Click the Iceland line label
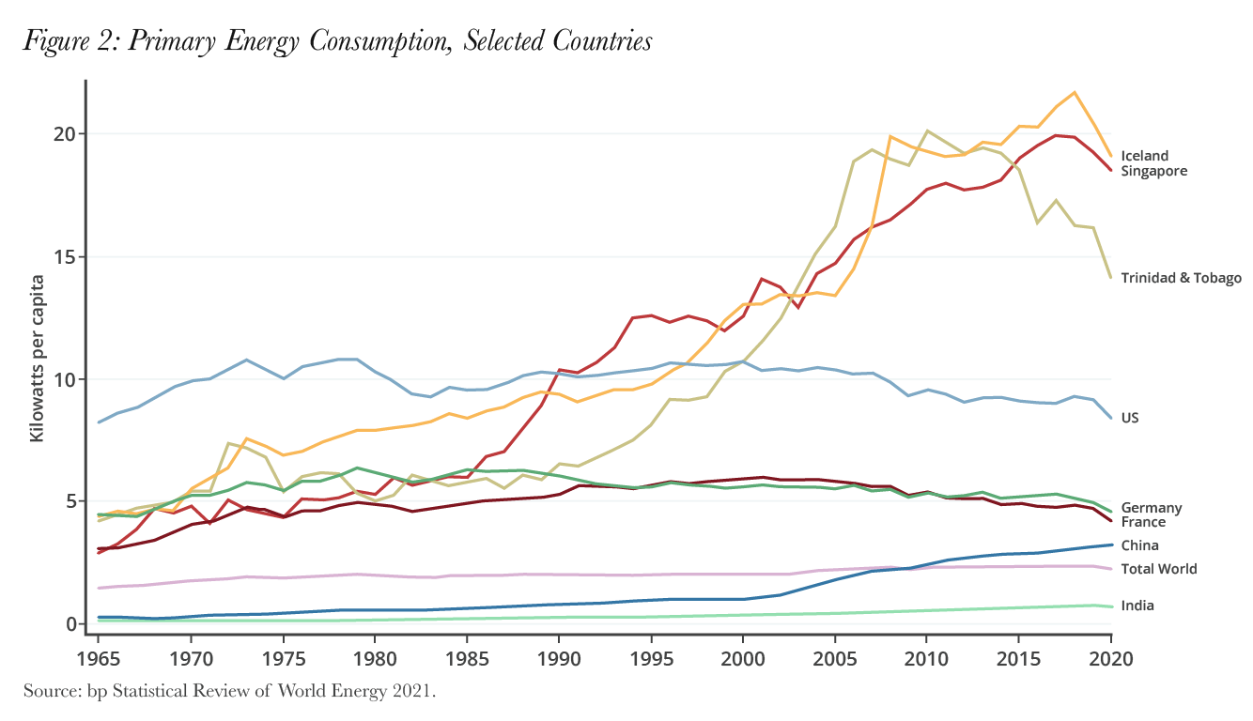tap(1144, 156)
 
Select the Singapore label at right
tap(1154, 171)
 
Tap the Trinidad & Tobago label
tap(1181, 278)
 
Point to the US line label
tap(1130, 418)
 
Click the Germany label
tap(1152, 508)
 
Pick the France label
tap(1143, 522)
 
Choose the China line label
tap(1139, 545)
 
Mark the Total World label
tap(1159, 569)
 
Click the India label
tap(1137, 606)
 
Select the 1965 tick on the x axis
tap(98, 656)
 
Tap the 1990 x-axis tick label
tap(559, 656)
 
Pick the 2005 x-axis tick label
tap(835, 656)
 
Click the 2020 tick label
tap(1110, 656)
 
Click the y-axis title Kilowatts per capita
tap(37, 359)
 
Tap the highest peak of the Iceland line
tap(1074, 92)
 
